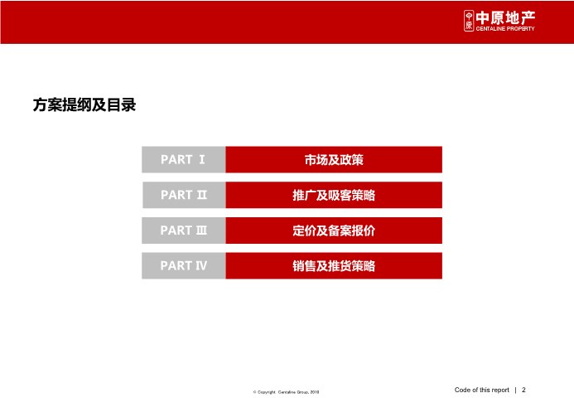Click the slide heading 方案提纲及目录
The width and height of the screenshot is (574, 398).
tap(84, 104)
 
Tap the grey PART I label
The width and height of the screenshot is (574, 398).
tap(184, 159)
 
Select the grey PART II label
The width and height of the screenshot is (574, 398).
tap(184, 195)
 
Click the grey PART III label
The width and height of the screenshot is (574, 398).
tap(184, 231)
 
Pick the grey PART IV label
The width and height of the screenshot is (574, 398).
tap(184, 265)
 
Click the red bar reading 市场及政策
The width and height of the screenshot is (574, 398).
tap(334, 159)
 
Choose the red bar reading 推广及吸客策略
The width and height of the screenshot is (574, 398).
tap(334, 195)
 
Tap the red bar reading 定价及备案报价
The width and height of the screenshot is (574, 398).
tap(334, 231)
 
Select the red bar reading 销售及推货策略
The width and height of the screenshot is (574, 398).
tap(334, 265)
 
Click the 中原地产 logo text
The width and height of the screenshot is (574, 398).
tap(505, 17)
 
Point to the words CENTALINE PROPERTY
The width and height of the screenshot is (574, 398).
tap(505, 28)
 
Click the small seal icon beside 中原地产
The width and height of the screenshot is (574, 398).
tap(469, 21)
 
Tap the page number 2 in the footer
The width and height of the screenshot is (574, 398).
tap(523, 390)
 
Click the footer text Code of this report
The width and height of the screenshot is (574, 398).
tap(482, 390)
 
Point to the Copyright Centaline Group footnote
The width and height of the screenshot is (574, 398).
tap(286, 392)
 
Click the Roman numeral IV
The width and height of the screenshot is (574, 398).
tap(201, 265)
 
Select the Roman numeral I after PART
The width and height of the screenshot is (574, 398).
tap(202, 159)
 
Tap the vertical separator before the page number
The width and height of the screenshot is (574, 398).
tap(516, 390)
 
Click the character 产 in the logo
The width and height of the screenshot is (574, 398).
tap(528, 17)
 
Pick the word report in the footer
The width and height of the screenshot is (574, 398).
tap(500, 391)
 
